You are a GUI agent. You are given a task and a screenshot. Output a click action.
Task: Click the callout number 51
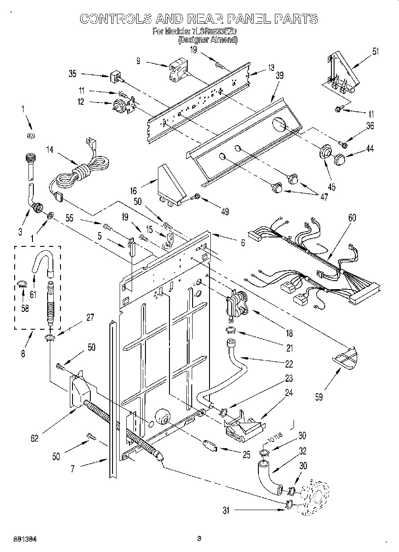coord(375,51)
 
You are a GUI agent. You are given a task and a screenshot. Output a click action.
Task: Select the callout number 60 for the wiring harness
coord(352,218)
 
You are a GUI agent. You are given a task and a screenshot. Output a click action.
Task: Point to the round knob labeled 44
coord(340,158)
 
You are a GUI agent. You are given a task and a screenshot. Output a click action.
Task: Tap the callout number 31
coord(226,511)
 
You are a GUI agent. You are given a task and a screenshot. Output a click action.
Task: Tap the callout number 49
coord(225,212)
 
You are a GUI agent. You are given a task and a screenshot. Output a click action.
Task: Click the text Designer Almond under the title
coord(208,40)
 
